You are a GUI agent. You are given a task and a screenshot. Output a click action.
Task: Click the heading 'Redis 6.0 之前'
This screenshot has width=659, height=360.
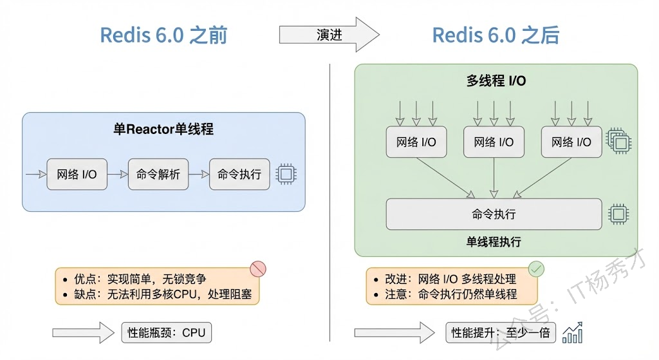(x=163, y=35)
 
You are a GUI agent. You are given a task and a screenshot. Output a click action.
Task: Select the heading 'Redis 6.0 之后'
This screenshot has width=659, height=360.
(x=496, y=35)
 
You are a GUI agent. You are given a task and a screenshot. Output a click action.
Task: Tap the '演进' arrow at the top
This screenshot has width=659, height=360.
(x=329, y=35)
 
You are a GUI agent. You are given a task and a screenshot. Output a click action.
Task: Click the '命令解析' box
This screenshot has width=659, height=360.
(x=158, y=174)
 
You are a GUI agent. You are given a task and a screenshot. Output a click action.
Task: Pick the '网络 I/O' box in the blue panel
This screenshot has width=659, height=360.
(x=77, y=174)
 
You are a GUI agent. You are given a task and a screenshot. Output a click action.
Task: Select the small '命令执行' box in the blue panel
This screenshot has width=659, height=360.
(x=239, y=174)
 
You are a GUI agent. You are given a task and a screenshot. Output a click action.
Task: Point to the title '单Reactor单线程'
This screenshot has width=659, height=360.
(x=163, y=129)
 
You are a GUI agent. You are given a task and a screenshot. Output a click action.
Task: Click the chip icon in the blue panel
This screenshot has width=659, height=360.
(x=286, y=174)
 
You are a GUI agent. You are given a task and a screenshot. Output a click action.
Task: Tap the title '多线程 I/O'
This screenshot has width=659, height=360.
(x=496, y=81)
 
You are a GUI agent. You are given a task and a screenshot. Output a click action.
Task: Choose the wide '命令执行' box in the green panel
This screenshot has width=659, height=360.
(x=494, y=214)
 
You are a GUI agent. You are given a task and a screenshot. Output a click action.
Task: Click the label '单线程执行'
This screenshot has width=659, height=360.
(x=494, y=242)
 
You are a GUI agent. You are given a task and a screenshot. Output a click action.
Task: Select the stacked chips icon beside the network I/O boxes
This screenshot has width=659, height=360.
(x=618, y=140)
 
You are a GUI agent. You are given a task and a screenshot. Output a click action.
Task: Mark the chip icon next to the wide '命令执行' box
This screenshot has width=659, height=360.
(x=618, y=214)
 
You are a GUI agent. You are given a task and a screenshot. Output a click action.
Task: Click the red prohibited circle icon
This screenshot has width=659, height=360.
(x=257, y=269)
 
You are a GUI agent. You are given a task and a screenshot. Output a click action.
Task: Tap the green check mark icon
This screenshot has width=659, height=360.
(x=536, y=269)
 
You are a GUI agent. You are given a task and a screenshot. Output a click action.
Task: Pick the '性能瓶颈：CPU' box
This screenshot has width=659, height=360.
(x=166, y=332)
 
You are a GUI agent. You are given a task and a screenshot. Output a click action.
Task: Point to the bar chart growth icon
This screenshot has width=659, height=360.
(x=573, y=332)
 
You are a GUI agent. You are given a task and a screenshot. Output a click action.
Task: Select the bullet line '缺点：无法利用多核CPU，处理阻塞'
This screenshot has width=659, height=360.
(x=163, y=295)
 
